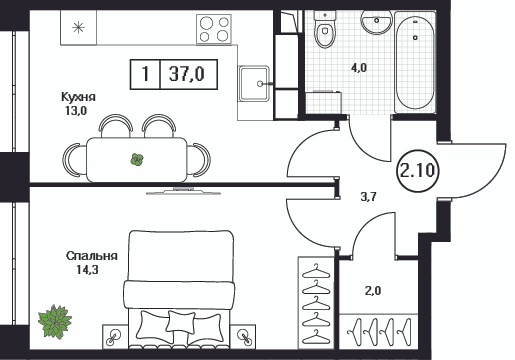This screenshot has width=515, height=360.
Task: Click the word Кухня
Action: pyautogui.click(x=78, y=97)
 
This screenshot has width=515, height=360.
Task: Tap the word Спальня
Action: pyautogui.click(x=92, y=256)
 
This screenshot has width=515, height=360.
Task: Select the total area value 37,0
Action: pyautogui.click(x=187, y=74)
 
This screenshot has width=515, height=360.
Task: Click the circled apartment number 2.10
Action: pyautogui.click(x=417, y=171)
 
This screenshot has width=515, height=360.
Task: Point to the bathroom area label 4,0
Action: pyautogui.click(x=359, y=68)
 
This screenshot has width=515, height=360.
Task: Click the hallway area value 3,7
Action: pyautogui.click(x=368, y=197)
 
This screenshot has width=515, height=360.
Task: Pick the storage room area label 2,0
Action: pyautogui.click(x=373, y=291)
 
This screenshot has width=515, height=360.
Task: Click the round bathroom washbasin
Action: pyautogui.click(x=376, y=22)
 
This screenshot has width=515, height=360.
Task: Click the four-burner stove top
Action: pyautogui.click(x=214, y=29)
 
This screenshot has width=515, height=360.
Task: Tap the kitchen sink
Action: pyautogui.click(x=254, y=83)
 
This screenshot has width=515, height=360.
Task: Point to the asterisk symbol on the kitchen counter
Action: pyautogui.click(x=79, y=27)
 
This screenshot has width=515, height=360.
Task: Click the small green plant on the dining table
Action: pyautogui.click(x=137, y=159)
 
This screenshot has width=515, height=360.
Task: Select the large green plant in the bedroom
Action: pyautogui.click(x=55, y=321)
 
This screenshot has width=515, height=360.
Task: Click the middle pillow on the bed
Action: pyautogui.click(x=180, y=322)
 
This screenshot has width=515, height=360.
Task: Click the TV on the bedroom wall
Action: pyautogui.click(x=183, y=191)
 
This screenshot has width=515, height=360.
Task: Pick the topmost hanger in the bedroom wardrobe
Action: pyautogui.click(x=316, y=271)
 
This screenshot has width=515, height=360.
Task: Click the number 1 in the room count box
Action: pyautogui.click(x=145, y=74)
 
